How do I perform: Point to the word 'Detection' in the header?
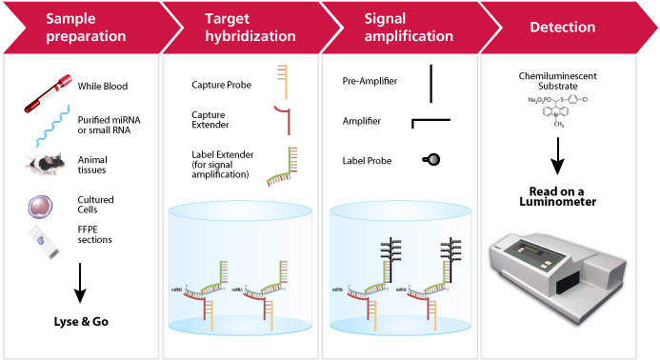tap(563, 28)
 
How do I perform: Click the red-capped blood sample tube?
tap(49, 95)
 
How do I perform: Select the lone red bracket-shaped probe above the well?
tap(280, 120)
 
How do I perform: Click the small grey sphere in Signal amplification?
tap(432, 160)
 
